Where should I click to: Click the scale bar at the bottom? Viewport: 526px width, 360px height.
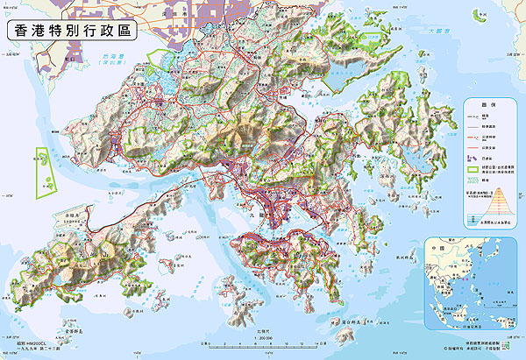coord(263,343)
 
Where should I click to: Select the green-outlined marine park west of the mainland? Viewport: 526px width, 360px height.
coord(43,171)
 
